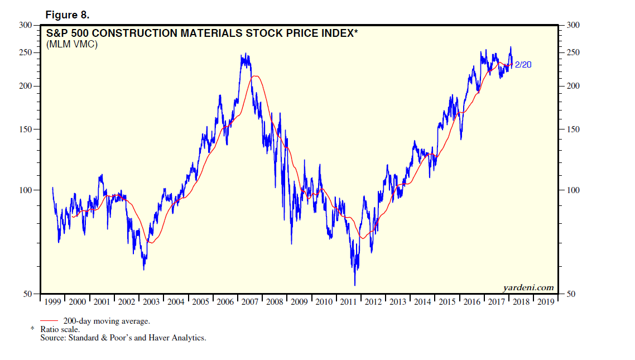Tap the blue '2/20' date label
point(522,65)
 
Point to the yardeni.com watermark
point(528,288)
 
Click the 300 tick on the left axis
point(26,25)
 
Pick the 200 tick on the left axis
point(26,86)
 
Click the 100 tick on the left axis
point(26,190)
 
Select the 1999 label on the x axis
point(52,302)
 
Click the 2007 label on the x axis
point(249,302)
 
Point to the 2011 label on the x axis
point(348,302)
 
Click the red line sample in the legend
point(50,321)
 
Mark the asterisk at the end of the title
point(355,32)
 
